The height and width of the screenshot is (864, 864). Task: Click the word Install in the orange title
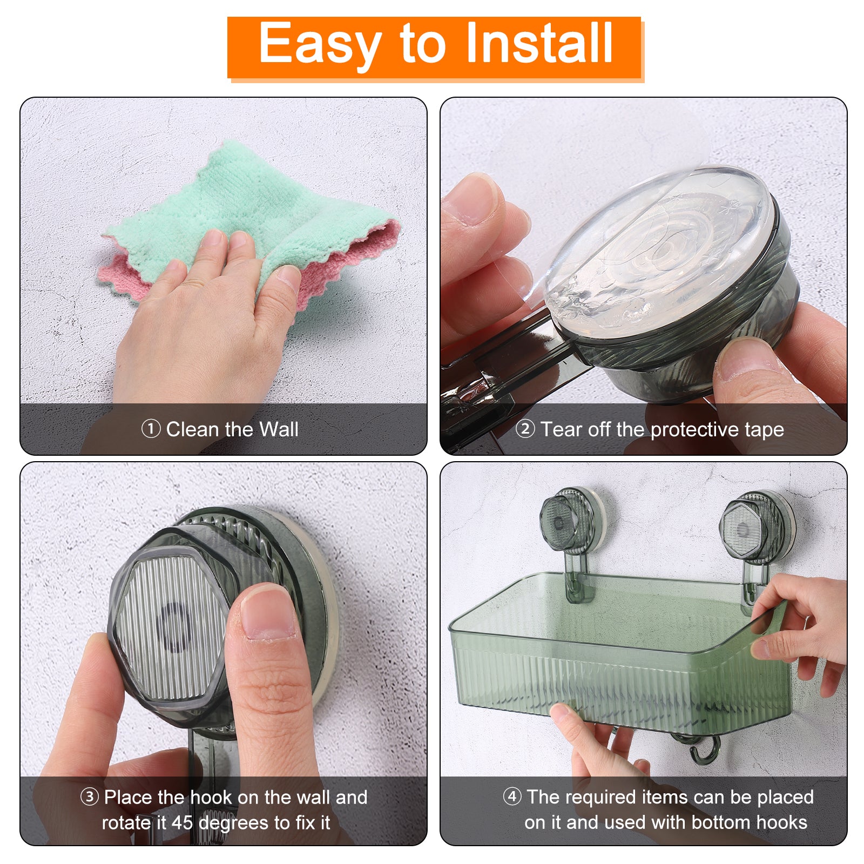[x=538, y=43]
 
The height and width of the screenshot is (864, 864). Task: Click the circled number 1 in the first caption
[x=151, y=429]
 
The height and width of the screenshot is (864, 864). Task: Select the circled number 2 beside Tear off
[x=525, y=429]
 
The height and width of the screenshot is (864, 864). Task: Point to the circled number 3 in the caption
[x=90, y=797]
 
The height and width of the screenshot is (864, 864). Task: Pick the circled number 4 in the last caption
[x=512, y=796]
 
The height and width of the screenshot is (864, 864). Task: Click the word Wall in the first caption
[x=279, y=429]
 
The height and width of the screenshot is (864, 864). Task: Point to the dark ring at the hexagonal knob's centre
[x=173, y=627]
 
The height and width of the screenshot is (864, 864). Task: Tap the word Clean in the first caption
[x=193, y=429]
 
